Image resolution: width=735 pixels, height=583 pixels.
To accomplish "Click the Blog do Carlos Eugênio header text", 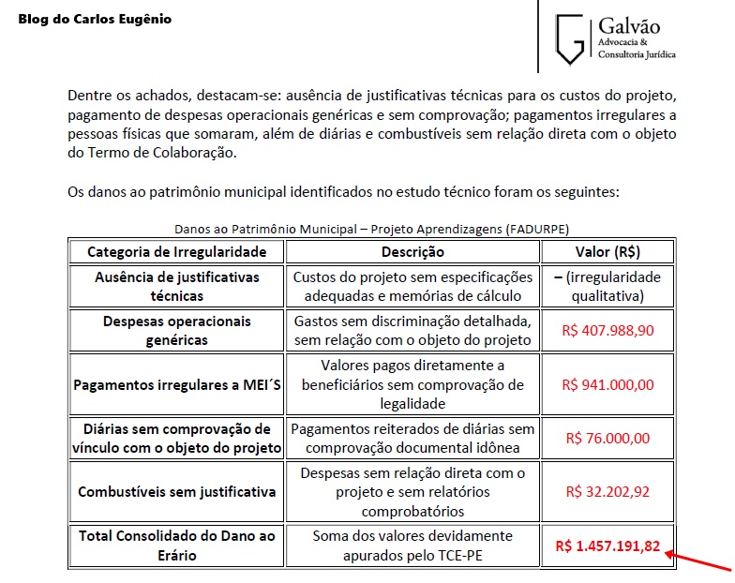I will coord(95,19).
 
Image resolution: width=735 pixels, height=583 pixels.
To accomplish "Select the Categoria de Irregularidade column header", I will coord(176,252).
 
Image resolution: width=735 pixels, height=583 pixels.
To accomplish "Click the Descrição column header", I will coord(412,252).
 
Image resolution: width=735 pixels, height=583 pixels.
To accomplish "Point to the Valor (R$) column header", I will coord(607,252).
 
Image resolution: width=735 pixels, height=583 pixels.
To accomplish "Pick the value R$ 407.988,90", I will coord(607,330).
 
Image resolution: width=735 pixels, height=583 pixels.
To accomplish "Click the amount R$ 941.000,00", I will coord(607,384).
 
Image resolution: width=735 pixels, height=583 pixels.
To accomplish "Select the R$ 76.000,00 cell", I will coord(607,438).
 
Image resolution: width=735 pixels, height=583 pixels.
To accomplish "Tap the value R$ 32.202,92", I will coord(607,491).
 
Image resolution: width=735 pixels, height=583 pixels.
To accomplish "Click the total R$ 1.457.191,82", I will coord(607,546).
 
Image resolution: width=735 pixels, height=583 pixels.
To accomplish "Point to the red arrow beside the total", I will coord(698,561).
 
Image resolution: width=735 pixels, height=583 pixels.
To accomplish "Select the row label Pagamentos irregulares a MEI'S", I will coord(176,384).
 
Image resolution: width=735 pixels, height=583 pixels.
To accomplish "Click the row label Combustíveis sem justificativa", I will coord(176,491).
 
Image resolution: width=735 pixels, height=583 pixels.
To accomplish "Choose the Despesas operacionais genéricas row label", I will coord(176,330).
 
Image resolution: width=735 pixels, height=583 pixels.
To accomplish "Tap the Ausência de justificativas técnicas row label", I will coord(176,286).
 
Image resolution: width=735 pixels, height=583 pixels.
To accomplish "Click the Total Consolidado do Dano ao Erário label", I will coord(176,546).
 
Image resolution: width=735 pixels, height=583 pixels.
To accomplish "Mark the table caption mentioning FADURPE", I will coord(371,229).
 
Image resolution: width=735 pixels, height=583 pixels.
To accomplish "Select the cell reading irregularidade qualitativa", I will coord(607,286).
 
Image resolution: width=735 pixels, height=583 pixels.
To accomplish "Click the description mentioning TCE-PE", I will coord(412,546).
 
